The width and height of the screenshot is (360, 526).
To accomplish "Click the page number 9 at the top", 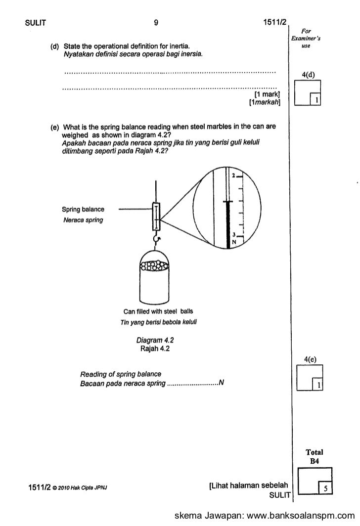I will tap(156, 22).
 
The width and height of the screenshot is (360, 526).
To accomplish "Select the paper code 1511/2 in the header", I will tap(274, 22).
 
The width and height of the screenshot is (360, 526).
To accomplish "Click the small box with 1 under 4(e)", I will tap(319, 384).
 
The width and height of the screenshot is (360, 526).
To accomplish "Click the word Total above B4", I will tap(315, 452).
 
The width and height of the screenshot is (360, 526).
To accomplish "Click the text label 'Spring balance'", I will tap(83, 209).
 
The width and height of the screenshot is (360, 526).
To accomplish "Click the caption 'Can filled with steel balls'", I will tap(158, 311).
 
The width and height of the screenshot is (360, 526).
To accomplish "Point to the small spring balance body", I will tap(157, 217).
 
